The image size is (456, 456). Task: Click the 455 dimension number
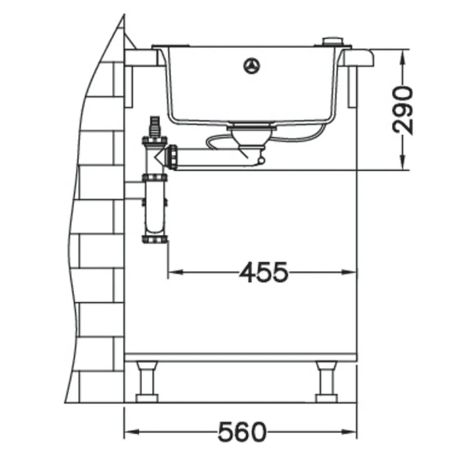point(264,272)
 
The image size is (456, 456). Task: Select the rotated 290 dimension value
point(402,111)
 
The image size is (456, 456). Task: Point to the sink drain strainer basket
point(252,136)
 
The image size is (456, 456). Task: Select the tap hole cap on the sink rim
point(334,41)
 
